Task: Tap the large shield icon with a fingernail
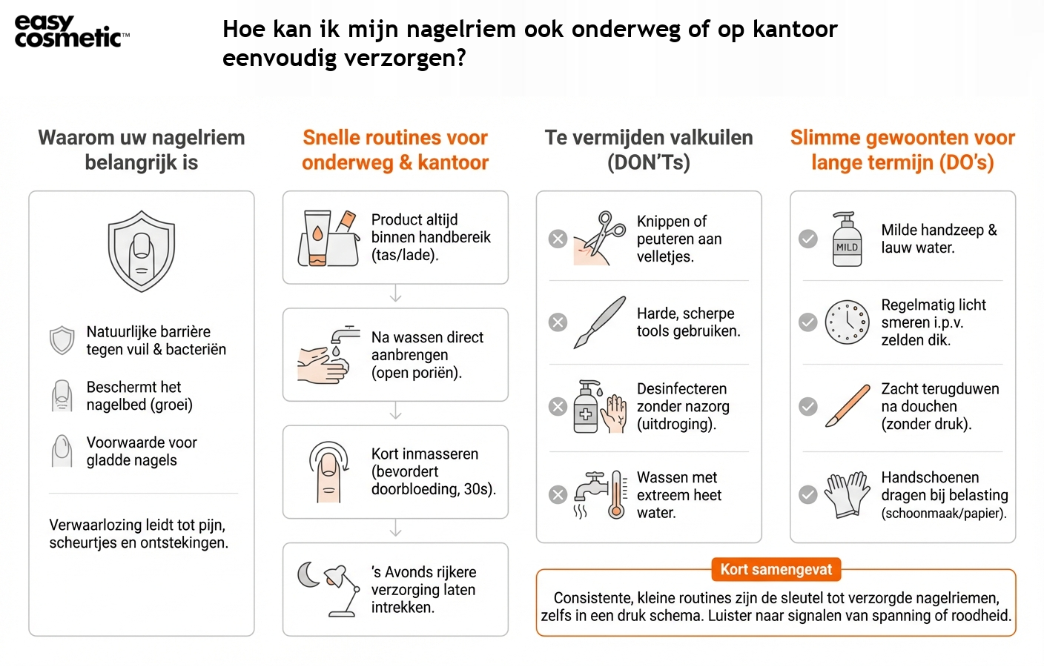pyautogui.click(x=142, y=250)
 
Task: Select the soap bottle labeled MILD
pyautogui.click(x=847, y=239)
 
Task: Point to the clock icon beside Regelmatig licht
pyautogui.click(x=847, y=322)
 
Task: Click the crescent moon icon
pyautogui.click(x=307, y=574)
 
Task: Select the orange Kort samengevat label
pyautogui.click(x=776, y=569)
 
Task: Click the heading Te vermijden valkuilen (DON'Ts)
pyautogui.click(x=649, y=150)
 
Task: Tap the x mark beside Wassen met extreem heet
pyautogui.click(x=558, y=494)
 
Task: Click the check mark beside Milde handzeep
pyautogui.click(x=808, y=239)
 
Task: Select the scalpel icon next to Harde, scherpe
pyautogui.click(x=600, y=322)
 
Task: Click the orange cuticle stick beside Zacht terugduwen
pyautogui.click(x=847, y=406)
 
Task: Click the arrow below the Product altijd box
pyautogui.click(x=395, y=294)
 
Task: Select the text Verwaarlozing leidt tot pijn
pyautogui.click(x=138, y=525)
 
